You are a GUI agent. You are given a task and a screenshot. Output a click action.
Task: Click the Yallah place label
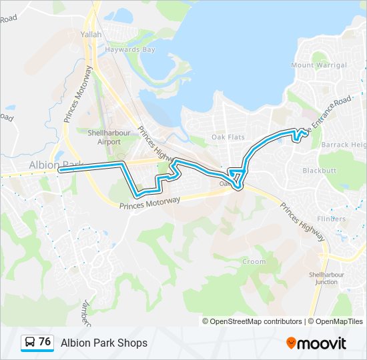(91, 33)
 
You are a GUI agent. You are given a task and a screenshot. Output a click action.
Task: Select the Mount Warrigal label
(319, 65)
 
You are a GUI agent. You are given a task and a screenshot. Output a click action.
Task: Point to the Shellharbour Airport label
(105, 137)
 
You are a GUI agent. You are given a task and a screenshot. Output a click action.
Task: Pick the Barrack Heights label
(344, 145)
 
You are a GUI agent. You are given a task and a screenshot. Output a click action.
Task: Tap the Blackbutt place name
(320, 171)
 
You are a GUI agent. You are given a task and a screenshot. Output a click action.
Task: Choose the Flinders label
(332, 219)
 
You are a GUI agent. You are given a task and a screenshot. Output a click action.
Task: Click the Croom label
(254, 262)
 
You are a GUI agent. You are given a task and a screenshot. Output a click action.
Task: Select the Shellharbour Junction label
(323, 278)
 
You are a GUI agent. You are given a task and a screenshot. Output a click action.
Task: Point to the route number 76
(45, 342)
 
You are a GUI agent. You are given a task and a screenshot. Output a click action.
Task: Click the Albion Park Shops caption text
(104, 343)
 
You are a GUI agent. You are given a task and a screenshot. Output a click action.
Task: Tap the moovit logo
(316, 343)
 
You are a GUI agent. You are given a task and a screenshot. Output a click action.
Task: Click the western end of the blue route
(60, 170)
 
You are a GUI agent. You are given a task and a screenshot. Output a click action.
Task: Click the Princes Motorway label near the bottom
(150, 203)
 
